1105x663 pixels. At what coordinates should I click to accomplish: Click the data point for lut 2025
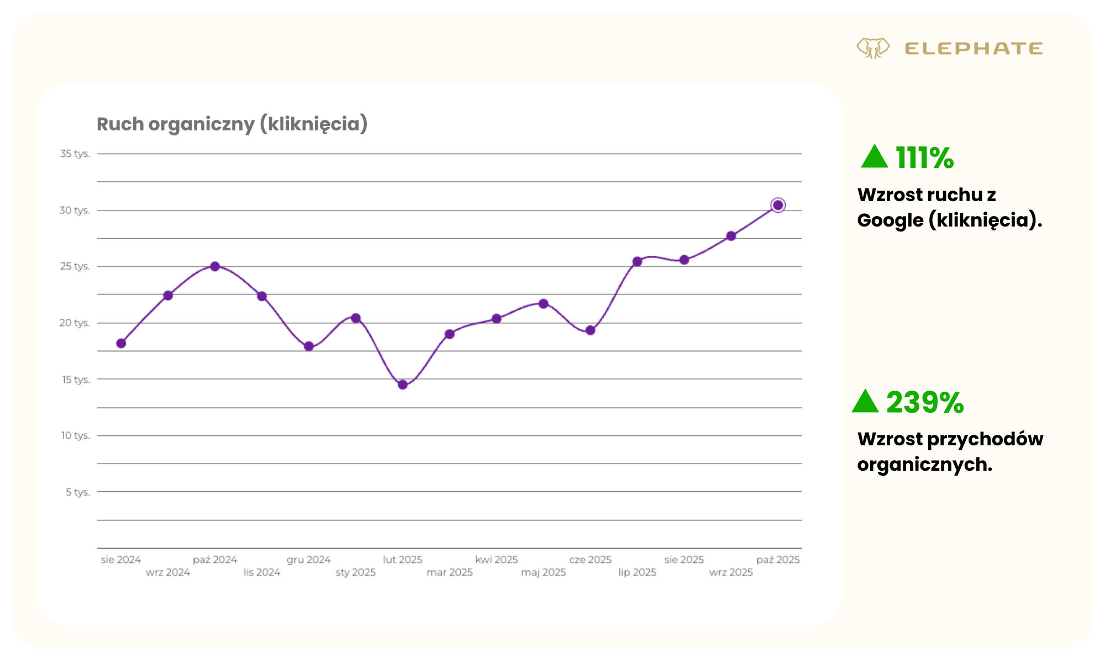tap(403, 385)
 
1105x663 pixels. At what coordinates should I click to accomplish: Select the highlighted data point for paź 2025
tap(778, 206)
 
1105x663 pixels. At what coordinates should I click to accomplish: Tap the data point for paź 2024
tap(215, 266)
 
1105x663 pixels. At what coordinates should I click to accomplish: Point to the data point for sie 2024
tap(121, 343)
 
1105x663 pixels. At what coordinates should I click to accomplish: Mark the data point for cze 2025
tap(590, 330)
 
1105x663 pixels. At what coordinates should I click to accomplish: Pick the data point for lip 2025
tap(637, 261)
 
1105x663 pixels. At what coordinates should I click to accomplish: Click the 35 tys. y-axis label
tap(75, 154)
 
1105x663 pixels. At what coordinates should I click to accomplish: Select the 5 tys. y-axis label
tap(77, 492)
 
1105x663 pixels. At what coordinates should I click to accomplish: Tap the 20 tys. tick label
tap(75, 323)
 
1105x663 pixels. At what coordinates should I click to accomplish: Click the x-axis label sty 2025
tap(355, 572)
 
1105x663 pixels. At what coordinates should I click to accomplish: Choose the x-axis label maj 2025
tap(543, 572)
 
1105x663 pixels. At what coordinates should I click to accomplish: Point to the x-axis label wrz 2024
tap(167, 572)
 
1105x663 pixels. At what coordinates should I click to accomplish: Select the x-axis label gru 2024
tap(308, 560)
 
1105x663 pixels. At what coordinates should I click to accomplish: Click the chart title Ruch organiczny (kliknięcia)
tap(232, 124)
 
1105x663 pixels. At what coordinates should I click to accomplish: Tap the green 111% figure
tap(924, 158)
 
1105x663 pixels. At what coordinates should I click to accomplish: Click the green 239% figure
tap(925, 402)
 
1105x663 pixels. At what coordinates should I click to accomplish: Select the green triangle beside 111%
tap(874, 157)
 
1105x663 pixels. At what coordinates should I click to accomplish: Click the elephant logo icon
tap(873, 48)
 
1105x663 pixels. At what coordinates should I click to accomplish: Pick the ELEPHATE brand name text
tap(974, 49)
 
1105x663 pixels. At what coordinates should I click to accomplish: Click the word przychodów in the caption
tap(985, 439)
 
